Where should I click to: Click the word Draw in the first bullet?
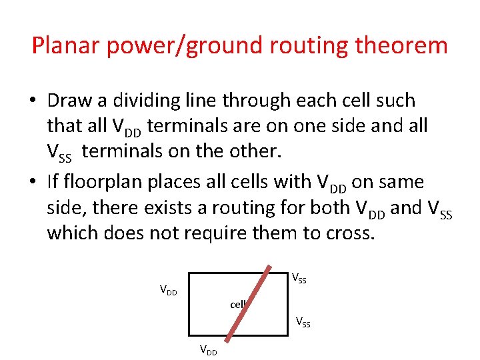pyautogui.click(x=68, y=101)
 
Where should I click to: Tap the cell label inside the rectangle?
pyautogui.click(x=238, y=305)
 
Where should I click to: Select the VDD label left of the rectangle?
pyautogui.click(x=168, y=290)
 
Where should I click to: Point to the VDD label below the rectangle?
pyautogui.click(x=208, y=351)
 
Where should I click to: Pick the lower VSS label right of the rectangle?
pyautogui.click(x=303, y=323)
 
